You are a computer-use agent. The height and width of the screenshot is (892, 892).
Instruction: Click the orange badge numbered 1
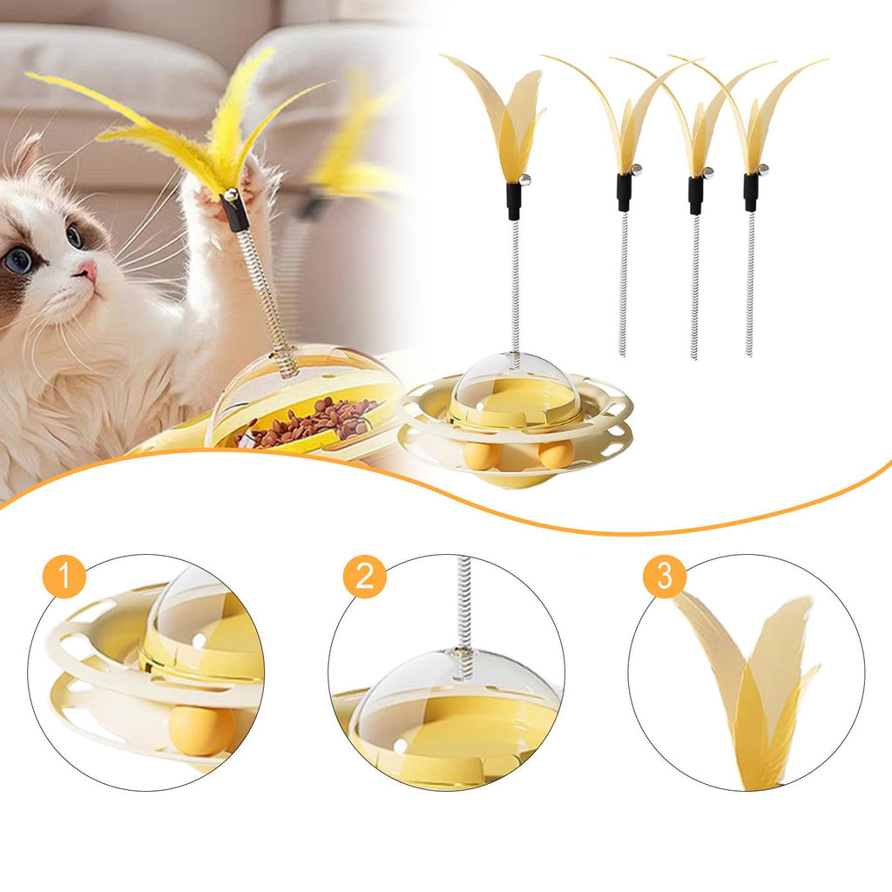(x=64, y=577)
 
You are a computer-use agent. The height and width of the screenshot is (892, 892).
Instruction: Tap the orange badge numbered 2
(x=365, y=577)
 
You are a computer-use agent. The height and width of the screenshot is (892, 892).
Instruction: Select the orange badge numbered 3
(x=665, y=577)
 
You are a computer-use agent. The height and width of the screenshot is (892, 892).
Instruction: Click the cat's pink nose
(x=87, y=270)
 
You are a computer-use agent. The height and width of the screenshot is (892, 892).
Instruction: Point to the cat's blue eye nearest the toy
(x=75, y=235)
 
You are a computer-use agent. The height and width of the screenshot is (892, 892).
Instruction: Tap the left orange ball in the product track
(x=481, y=455)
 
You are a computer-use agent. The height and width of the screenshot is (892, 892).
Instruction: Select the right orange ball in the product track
(x=557, y=453)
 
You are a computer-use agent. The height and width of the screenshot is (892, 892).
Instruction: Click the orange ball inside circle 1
(x=202, y=731)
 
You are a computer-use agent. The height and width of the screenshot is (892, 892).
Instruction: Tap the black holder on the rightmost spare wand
(x=751, y=193)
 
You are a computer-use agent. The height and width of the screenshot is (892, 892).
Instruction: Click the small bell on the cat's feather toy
(x=231, y=196)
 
